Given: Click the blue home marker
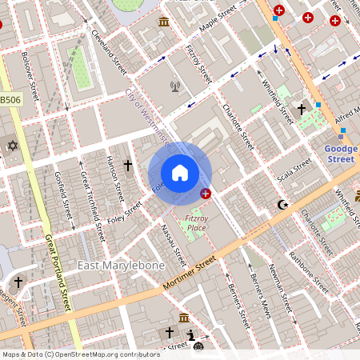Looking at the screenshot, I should tap(180, 173).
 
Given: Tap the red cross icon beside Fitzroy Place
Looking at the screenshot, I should tap(206, 194).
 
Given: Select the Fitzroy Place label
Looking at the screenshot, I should tap(196, 222).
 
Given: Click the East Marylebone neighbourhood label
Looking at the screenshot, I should tap(121, 265).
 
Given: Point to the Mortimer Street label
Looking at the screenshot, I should tap(189, 272).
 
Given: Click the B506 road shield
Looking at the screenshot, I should tap(10, 100).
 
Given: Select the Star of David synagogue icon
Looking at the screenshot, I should tap(12, 146).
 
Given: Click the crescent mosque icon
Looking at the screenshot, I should tap(282, 206).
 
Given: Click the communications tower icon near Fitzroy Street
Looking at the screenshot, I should tap(175, 86).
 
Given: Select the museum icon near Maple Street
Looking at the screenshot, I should tap(164, 22).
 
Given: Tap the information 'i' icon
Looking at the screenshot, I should tap(190, 334).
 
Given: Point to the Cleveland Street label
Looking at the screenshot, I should tap(109, 48).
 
